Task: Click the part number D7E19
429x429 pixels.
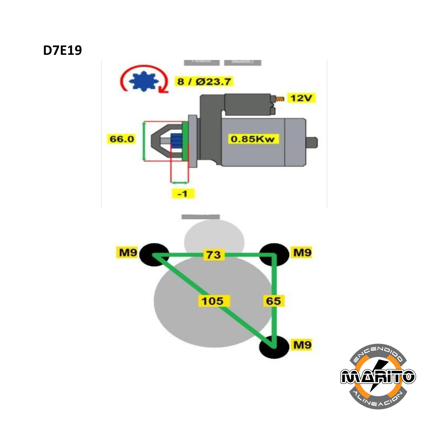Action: click(x=62, y=50)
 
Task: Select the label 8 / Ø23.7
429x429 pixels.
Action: click(x=204, y=82)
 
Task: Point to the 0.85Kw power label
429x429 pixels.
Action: click(x=253, y=139)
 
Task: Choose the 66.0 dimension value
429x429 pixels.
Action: click(x=122, y=139)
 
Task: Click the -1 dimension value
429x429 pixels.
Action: click(x=183, y=194)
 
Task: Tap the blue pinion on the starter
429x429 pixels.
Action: click(x=176, y=141)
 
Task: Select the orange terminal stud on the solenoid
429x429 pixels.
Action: click(x=280, y=98)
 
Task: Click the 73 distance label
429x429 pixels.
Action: click(x=213, y=254)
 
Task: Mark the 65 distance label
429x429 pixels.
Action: click(x=273, y=301)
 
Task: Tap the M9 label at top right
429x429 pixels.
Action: click(x=301, y=252)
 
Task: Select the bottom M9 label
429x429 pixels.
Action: click(x=301, y=345)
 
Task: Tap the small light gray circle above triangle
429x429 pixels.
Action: click(x=214, y=238)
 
